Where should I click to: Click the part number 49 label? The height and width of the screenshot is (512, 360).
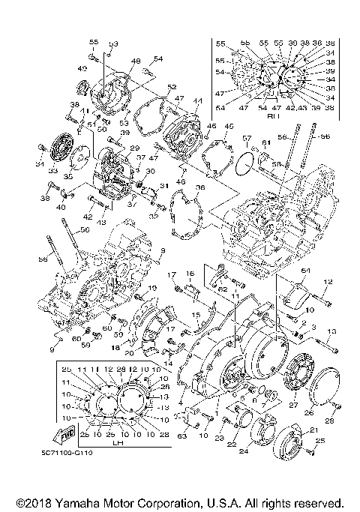pyautogui.click(x=81, y=68)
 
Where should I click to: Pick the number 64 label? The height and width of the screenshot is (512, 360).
pyautogui.click(x=305, y=271)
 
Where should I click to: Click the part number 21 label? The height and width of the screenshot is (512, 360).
pyautogui.click(x=314, y=428)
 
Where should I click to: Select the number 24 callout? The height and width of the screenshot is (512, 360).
pyautogui.click(x=243, y=452)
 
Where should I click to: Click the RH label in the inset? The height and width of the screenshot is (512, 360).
pyautogui.click(x=272, y=116)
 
